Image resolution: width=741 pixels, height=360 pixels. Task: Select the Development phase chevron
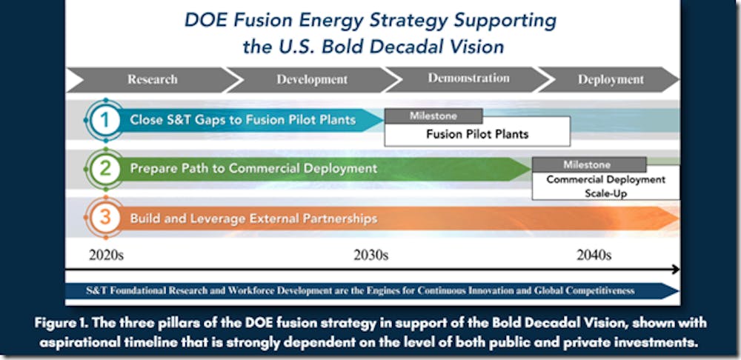313,79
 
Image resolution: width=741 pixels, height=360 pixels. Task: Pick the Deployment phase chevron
610,79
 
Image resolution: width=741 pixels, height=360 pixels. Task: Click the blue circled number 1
105,120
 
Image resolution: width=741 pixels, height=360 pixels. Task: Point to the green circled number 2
105,169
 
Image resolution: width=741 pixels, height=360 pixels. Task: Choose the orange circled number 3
105,217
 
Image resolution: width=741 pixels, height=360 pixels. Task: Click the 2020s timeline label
106,255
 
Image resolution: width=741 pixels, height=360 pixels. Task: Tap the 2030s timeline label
371,255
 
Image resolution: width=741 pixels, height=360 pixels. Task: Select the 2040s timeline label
594,255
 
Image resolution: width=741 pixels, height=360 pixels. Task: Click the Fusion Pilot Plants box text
477,134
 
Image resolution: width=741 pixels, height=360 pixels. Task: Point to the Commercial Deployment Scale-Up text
606,186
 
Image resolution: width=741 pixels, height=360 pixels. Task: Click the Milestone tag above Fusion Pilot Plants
433,116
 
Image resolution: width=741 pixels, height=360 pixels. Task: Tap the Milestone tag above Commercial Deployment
589,164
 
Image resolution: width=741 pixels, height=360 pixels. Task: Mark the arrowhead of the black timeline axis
676,270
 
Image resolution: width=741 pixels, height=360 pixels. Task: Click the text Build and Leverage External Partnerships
253,219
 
